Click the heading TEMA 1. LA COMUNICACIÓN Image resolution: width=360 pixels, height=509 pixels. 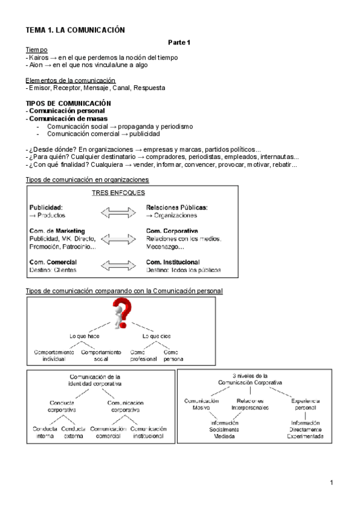point(74,29)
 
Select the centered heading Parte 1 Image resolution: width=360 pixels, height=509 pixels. point(178,42)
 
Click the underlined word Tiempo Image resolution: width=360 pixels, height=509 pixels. point(37,49)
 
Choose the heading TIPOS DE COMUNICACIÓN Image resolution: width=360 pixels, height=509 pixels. point(68,103)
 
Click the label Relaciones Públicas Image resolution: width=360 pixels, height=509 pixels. point(176,207)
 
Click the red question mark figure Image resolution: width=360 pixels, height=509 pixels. point(121,314)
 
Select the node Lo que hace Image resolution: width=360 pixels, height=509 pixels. point(84,336)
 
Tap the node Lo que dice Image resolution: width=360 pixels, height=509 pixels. point(156,336)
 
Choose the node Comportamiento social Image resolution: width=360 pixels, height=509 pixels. point(101,355)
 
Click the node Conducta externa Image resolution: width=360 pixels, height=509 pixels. point(73,433)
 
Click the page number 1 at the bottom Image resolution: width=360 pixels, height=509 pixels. point(332,483)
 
